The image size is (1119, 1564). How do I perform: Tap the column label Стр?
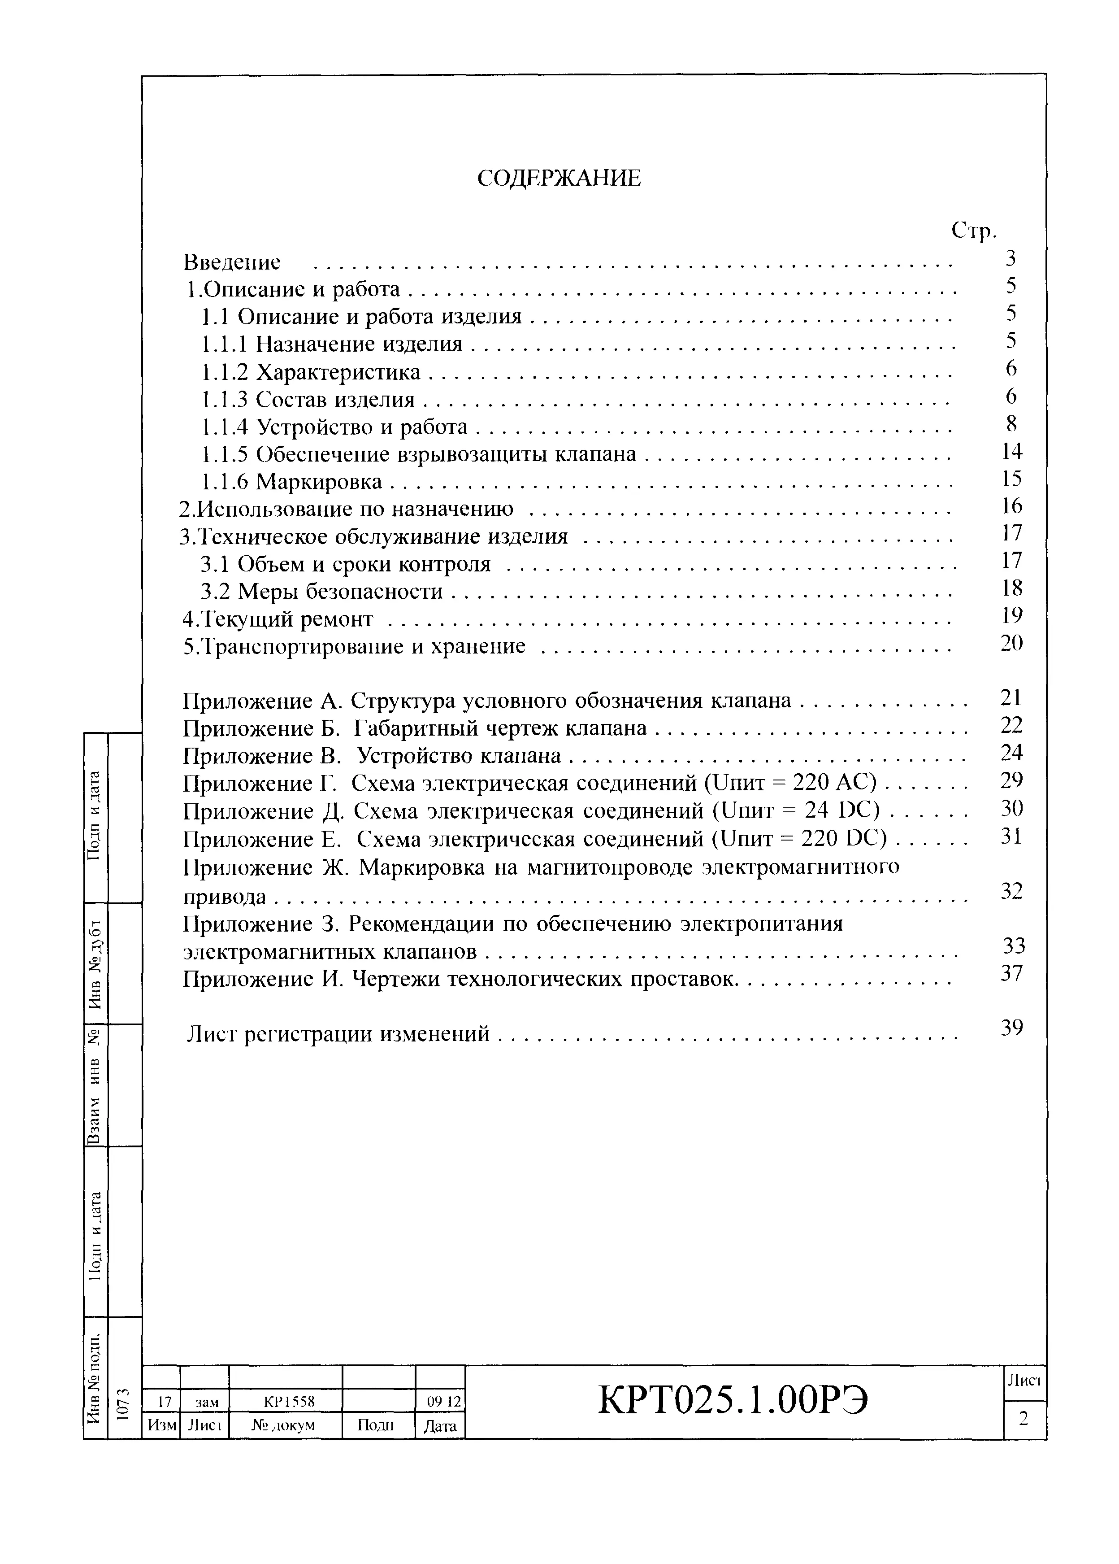(x=974, y=231)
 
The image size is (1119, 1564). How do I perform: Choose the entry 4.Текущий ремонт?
(x=277, y=619)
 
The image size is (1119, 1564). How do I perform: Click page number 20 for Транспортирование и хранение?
(x=1011, y=643)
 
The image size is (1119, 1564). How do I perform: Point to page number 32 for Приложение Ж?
(x=1011, y=891)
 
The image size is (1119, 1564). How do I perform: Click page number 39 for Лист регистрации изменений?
(x=1011, y=1028)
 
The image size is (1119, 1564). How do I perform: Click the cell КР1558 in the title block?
(x=285, y=1401)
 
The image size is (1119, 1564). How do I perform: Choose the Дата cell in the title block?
(x=440, y=1425)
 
